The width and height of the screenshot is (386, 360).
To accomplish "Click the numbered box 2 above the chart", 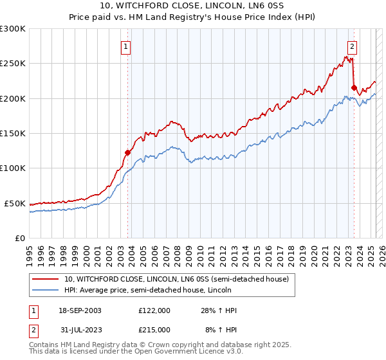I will [x=353, y=46].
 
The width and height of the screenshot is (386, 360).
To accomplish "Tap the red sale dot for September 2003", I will [x=127, y=152].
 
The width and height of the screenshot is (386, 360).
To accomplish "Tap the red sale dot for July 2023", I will [x=354, y=87].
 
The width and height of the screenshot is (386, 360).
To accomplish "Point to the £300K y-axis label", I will [x=12, y=29].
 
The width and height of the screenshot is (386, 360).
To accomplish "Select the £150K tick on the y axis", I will [x=12, y=133].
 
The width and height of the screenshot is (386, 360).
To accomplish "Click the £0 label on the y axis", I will [x=19, y=238].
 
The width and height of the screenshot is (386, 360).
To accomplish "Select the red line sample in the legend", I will [x=46, y=279].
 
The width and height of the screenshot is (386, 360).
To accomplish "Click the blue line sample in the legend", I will [x=46, y=290].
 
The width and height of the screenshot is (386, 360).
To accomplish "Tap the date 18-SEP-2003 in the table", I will [x=80, y=310].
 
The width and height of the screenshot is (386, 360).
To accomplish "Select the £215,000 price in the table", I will [x=154, y=329].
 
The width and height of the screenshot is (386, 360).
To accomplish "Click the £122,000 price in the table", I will [x=154, y=310].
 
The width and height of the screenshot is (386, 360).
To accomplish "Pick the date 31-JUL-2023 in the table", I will [x=80, y=329].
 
